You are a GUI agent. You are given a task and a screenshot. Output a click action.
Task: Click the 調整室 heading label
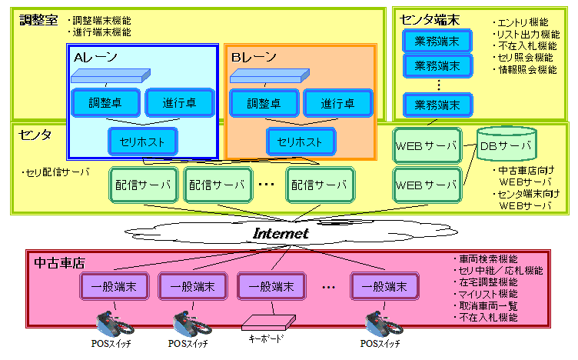(x=38, y=20)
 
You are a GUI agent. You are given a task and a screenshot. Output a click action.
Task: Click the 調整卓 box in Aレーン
(x=105, y=102)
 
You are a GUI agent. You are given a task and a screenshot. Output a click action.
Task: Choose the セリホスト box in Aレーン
(x=143, y=142)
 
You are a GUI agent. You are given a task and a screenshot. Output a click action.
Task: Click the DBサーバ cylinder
(x=506, y=145)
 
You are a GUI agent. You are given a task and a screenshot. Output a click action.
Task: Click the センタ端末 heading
(x=430, y=19)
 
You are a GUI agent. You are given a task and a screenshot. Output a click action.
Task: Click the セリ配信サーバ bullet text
(x=56, y=172)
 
